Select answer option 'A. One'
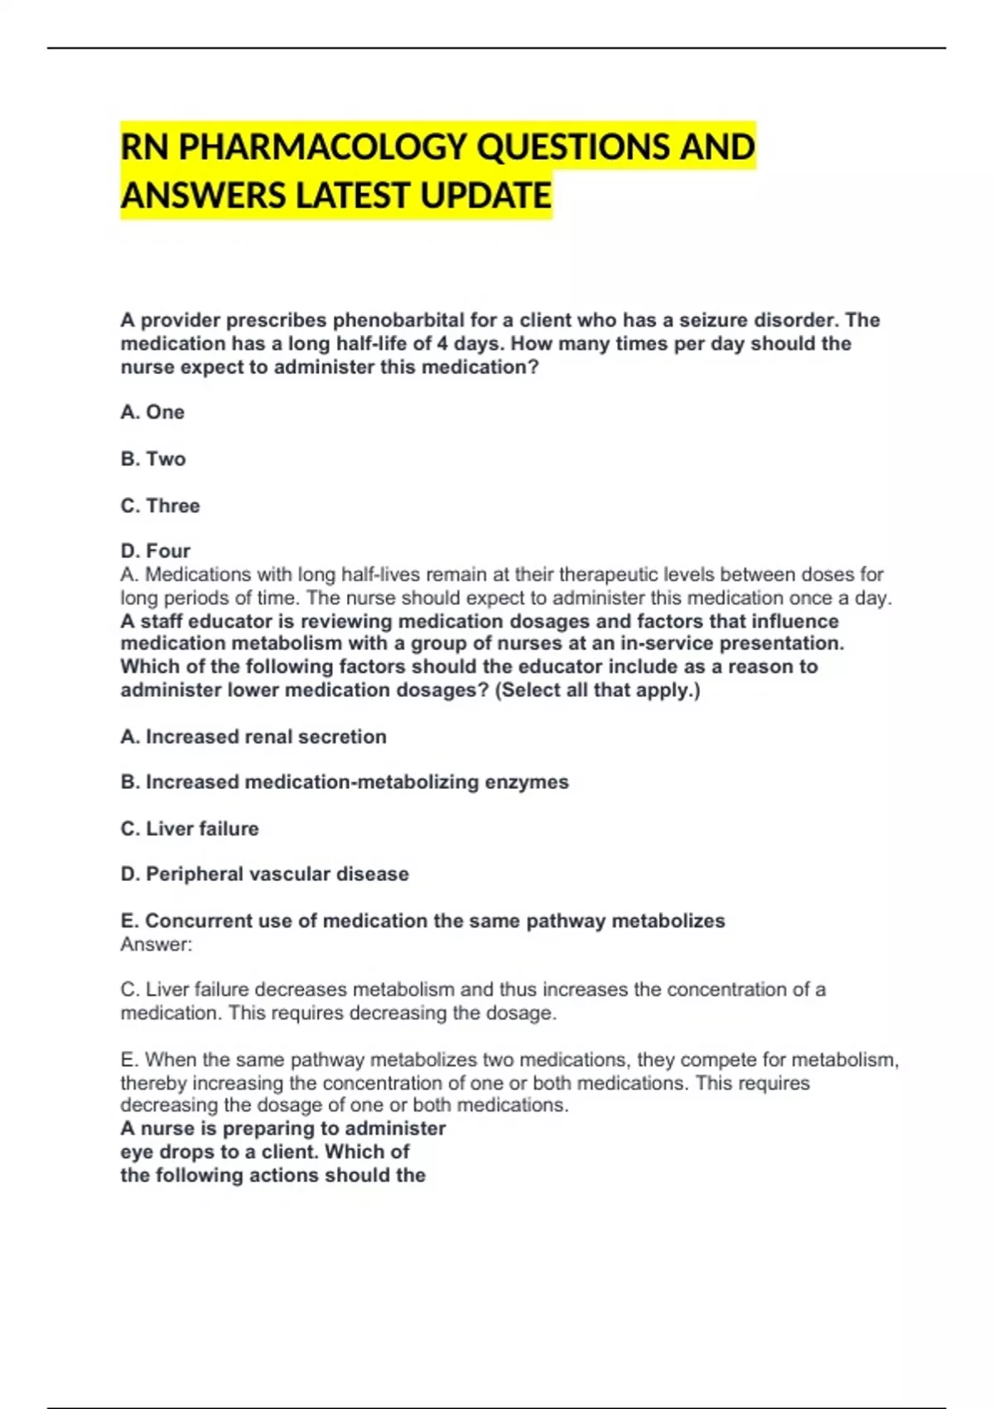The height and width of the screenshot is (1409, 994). click(x=152, y=412)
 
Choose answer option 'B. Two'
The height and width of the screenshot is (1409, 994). click(x=153, y=458)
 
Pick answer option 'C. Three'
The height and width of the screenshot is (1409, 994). click(x=160, y=506)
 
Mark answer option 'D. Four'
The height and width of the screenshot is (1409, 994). click(x=156, y=551)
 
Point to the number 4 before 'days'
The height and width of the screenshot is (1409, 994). click(x=442, y=343)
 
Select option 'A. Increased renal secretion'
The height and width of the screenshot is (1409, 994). click(x=253, y=737)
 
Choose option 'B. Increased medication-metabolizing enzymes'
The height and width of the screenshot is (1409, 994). click(x=345, y=782)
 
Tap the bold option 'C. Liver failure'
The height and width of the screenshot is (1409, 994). click(x=190, y=829)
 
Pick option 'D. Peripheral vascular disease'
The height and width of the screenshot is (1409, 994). click(x=265, y=874)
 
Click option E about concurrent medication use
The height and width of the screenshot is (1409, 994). click(x=422, y=921)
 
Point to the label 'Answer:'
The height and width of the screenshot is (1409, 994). click(x=156, y=944)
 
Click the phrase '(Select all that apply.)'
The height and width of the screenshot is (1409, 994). click(x=597, y=690)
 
